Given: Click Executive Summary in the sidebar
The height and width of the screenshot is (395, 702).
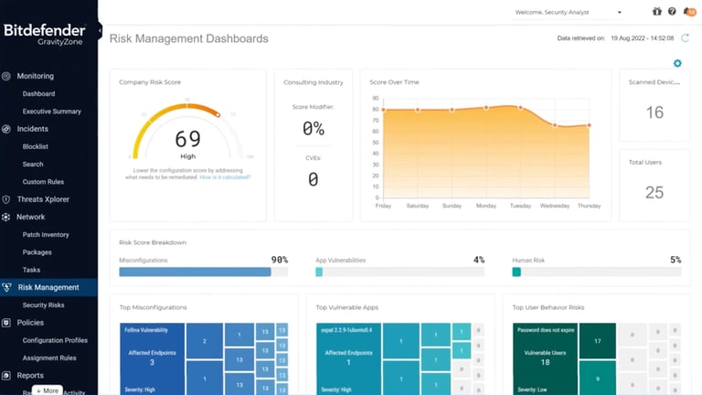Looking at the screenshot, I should [51, 112].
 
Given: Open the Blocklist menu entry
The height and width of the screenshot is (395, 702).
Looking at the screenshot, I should [37, 146].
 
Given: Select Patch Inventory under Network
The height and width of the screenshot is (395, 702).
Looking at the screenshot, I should [46, 235].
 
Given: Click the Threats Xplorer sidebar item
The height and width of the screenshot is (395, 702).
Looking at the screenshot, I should [43, 199].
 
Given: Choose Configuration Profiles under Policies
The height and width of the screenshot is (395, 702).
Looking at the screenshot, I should [55, 340].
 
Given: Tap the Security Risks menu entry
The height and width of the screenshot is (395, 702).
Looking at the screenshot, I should [44, 305].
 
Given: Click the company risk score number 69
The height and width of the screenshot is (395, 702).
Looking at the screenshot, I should [187, 139].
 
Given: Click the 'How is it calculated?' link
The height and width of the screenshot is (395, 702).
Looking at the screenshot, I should [225, 177].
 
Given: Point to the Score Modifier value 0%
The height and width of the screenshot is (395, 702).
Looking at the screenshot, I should [313, 129].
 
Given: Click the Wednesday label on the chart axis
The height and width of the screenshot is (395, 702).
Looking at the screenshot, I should [555, 206].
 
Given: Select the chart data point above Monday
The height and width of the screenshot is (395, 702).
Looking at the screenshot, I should [486, 107].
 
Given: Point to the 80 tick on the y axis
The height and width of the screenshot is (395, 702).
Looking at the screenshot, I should [376, 110].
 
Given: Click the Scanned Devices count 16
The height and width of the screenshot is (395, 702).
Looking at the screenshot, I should [654, 112].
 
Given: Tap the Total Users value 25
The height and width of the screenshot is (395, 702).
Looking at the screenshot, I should [654, 192].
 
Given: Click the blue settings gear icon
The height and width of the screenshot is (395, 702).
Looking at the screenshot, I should [677, 63].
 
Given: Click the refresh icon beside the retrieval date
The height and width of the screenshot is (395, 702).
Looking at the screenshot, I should [685, 38].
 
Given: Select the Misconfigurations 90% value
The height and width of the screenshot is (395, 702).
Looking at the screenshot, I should [279, 260].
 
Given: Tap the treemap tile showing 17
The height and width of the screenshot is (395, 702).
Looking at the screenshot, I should [597, 341].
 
